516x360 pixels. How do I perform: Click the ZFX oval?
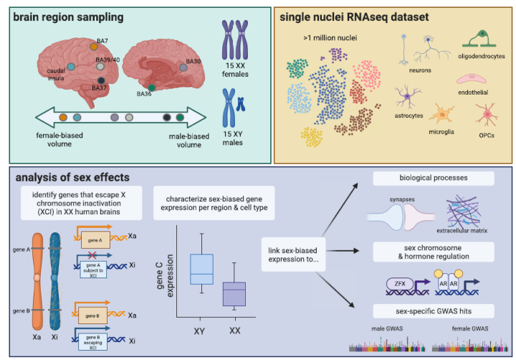(x=396, y=284)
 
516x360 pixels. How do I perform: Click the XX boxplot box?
(x=234, y=294)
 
